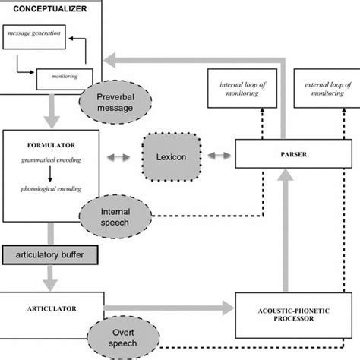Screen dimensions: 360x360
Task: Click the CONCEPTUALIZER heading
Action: click(50, 9)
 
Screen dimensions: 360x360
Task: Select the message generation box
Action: click(34, 37)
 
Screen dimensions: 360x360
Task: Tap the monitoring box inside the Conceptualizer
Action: click(65, 79)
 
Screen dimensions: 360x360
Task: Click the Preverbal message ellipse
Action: click(115, 103)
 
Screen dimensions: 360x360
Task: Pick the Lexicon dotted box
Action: click(172, 157)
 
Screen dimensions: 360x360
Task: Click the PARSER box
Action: click(293, 153)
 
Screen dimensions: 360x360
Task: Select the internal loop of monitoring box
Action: click(242, 88)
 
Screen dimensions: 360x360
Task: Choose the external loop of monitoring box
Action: click(327, 88)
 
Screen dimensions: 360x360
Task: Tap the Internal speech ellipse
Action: click(115, 216)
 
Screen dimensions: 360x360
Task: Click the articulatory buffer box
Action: click(50, 254)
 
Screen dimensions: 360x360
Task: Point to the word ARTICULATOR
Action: click(52, 308)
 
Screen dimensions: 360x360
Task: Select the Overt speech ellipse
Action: click(123, 338)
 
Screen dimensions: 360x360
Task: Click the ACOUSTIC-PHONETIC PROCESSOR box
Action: click(294, 315)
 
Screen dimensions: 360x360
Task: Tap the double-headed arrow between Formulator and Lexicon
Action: click(118, 157)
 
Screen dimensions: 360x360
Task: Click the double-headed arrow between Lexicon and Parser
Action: click(219, 156)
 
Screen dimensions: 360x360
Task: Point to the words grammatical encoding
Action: click(51, 160)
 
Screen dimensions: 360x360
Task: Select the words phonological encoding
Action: click(51, 189)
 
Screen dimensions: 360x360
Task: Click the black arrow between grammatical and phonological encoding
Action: click(50, 174)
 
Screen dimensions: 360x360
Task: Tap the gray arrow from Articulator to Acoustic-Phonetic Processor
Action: click(169, 308)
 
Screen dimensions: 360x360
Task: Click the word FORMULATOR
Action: click(51, 145)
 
